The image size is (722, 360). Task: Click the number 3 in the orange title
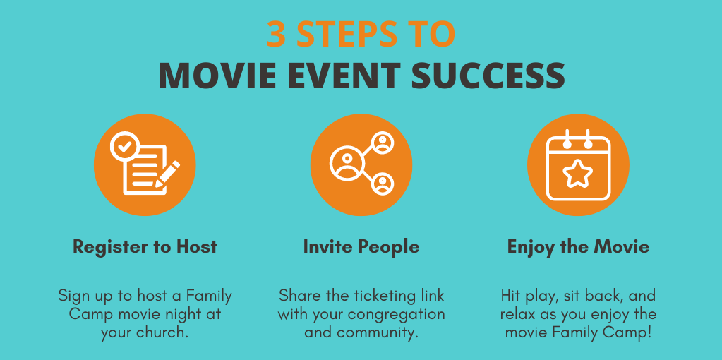pyautogui.click(x=276, y=34)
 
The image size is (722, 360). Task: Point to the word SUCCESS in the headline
pyautogui.click(x=488, y=76)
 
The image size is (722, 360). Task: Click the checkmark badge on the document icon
pyautogui.click(x=124, y=146)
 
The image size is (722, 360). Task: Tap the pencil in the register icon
pyautogui.click(x=167, y=174)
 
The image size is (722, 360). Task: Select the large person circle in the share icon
pyautogui.click(x=347, y=163)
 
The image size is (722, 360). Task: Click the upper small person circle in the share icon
pyautogui.click(x=383, y=143)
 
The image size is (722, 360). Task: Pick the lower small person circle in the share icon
pyautogui.click(x=383, y=184)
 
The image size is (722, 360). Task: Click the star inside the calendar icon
pyautogui.click(x=578, y=173)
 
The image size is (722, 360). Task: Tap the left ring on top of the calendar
pyautogui.click(x=567, y=140)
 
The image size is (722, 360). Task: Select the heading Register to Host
pyautogui.click(x=145, y=247)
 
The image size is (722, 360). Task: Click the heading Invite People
pyautogui.click(x=361, y=247)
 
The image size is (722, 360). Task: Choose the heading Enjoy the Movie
pyautogui.click(x=578, y=247)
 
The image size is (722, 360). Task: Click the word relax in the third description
pyautogui.click(x=517, y=314)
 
